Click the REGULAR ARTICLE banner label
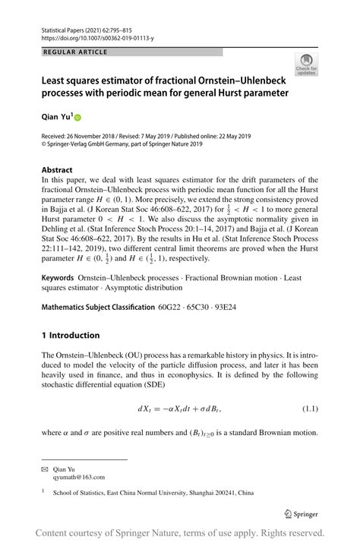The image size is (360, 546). coord(76,52)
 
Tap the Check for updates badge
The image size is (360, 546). coord(307,65)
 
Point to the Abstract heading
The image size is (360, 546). coord(58,169)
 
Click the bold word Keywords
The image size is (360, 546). coord(62,279)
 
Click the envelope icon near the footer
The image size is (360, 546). coord(44,469)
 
